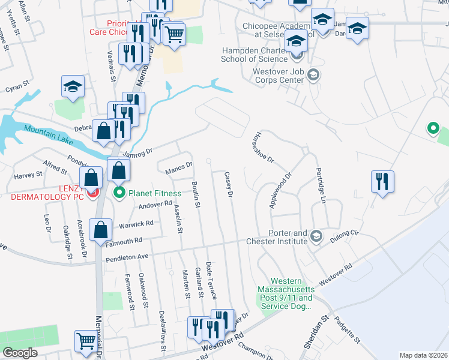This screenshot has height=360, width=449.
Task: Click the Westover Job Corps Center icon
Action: [312, 76]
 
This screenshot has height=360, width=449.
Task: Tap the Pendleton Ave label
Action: [127, 258]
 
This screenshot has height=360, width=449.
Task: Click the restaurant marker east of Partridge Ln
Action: [382, 181]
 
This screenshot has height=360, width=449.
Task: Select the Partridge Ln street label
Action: [320, 184]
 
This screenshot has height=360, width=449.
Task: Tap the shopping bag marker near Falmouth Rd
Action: [100, 229]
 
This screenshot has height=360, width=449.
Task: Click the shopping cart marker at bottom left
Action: [85, 341]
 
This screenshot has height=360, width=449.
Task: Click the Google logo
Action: [20, 353]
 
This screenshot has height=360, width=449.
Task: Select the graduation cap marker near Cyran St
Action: [73, 86]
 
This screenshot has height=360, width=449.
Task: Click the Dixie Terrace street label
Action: [211, 280]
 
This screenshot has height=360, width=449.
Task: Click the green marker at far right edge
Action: [432, 128]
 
